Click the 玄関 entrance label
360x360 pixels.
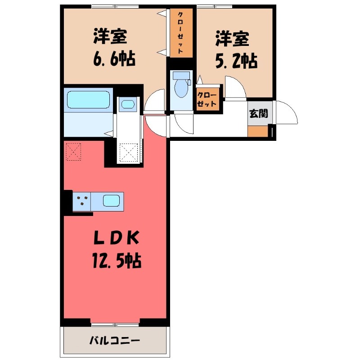pos(258,113)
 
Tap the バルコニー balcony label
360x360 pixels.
pos(114,341)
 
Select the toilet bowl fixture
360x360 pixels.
pos(181,85)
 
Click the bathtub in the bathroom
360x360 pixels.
pos(88,100)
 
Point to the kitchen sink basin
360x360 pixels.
pos(111,201)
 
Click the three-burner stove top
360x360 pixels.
pos(82,202)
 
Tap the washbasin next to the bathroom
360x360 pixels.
pos(128,105)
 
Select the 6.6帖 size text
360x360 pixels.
pos(114,59)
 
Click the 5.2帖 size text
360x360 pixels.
pos(236,61)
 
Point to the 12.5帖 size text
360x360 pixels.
pos(117,261)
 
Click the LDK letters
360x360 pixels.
pos(117,238)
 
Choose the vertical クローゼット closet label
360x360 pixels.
pos(180,32)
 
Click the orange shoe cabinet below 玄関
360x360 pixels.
pos(257,131)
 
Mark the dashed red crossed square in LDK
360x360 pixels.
pos(73,152)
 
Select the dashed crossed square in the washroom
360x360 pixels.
pos(129,152)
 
